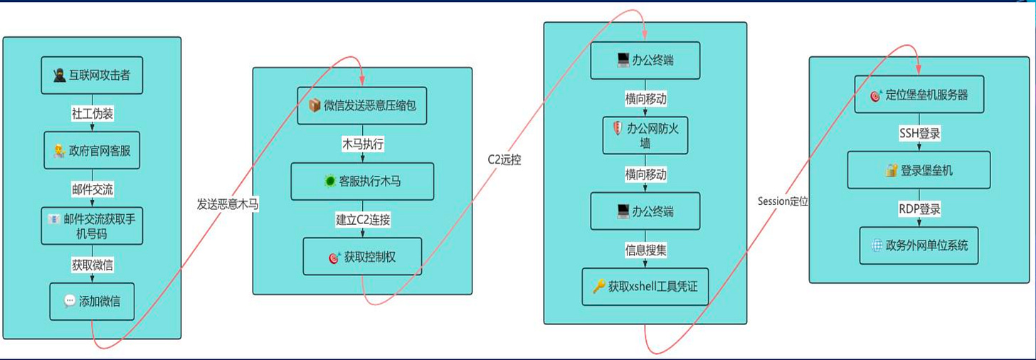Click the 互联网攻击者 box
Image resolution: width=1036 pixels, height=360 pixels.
pyautogui.click(x=92, y=75)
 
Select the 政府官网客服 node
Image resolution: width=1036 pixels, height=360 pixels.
pyautogui.click(x=92, y=150)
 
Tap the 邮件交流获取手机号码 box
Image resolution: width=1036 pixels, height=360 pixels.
pyautogui.click(x=92, y=226)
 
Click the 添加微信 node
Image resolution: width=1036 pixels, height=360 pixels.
pyautogui.click(x=92, y=301)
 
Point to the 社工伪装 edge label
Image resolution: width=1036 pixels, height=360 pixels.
pyautogui.click(x=92, y=112)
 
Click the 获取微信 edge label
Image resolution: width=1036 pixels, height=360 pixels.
pyautogui.click(x=92, y=265)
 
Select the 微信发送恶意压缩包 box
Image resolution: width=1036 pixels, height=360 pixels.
pyautogui.click(x=362, y=105)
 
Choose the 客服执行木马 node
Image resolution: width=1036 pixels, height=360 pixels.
pyautogui.click(x=362, y=181)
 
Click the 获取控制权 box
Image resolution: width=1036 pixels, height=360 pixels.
pyautogui.click(x=362, y=257)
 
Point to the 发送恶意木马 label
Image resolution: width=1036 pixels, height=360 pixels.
pyautogui.click(x=228, y=204)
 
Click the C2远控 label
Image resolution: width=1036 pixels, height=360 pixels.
pyautogui.click(x=504, y=159)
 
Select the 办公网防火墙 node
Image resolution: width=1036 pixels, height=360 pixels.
pyautogui.click(x=645, y=135)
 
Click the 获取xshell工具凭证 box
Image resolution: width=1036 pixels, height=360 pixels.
pyautogui.click(x=645, y=287)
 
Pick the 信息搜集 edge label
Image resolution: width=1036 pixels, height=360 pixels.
pyautogui.click(x=645, y=250)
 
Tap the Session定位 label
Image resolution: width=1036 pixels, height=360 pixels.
pyautogui.click(x=783, y=201)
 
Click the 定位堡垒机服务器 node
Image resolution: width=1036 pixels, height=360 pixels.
pyautogui.click(x=919, y=95)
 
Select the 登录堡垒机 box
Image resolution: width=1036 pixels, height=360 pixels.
pyautogui.click(x=919, y=170)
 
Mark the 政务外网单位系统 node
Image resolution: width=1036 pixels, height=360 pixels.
pyautogui.click(x=919, y=246)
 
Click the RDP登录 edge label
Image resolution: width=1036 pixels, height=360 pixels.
pyautogui.click(x=919, y=208)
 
